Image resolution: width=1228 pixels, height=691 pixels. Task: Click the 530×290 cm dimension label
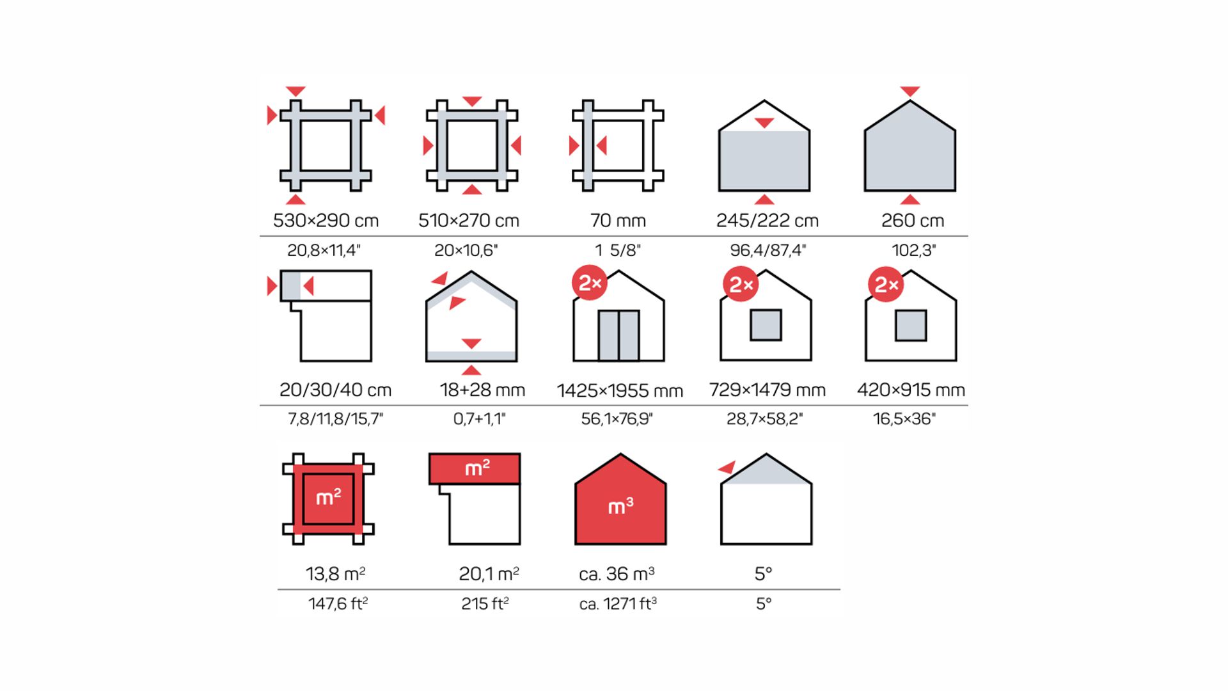pyautogui.click(x=326, y=221)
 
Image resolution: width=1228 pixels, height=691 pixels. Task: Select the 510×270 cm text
pyautogui.click(x=469, y=221)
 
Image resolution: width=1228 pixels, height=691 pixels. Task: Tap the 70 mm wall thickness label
pyautogui.click(x=618, y=221)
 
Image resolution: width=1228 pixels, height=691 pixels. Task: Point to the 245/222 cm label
pyautogui.click(x=767, y=221)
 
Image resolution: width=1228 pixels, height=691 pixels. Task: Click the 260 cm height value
pyautogui.click(x=913, y=221)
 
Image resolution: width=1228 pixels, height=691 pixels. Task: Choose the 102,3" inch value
pyautogui.click(x=914, y=250)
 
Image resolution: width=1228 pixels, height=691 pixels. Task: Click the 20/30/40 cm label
pyautogui.click(x=335, y=390)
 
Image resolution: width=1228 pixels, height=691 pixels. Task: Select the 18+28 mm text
pyautogui.click(x=482, y=390)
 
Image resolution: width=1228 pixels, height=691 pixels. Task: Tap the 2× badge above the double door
pyautogui.click(x=590, y=283)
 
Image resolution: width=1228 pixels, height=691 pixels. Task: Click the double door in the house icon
pyautogui.click(x=618, y=336)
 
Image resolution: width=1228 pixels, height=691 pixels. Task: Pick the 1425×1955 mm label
pyautogui.click(x=620, y=390)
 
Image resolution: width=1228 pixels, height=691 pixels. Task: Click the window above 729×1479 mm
pyautogui.click(x=766, y=325)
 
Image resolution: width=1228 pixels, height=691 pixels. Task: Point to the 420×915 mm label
pyautogui.click(x=911, y=390)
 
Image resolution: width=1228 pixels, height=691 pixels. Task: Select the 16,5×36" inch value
pyautogui.click(x=904, y=419)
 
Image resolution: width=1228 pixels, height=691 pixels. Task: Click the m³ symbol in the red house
pyautogui.click(x=620, y=507)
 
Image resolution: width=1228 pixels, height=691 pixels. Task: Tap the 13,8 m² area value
pyautogui.click(x=335, y=574)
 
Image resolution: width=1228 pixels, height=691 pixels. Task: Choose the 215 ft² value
pyautogui.click(x=485, y=603)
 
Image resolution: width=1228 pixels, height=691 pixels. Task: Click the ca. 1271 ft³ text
pyautogui.click(x=618, y=603)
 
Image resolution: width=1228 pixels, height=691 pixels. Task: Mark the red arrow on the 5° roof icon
pyautogui.click(x=727, y=467)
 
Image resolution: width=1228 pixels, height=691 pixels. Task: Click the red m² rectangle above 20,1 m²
pyautogui.click(x=474, y=468)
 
